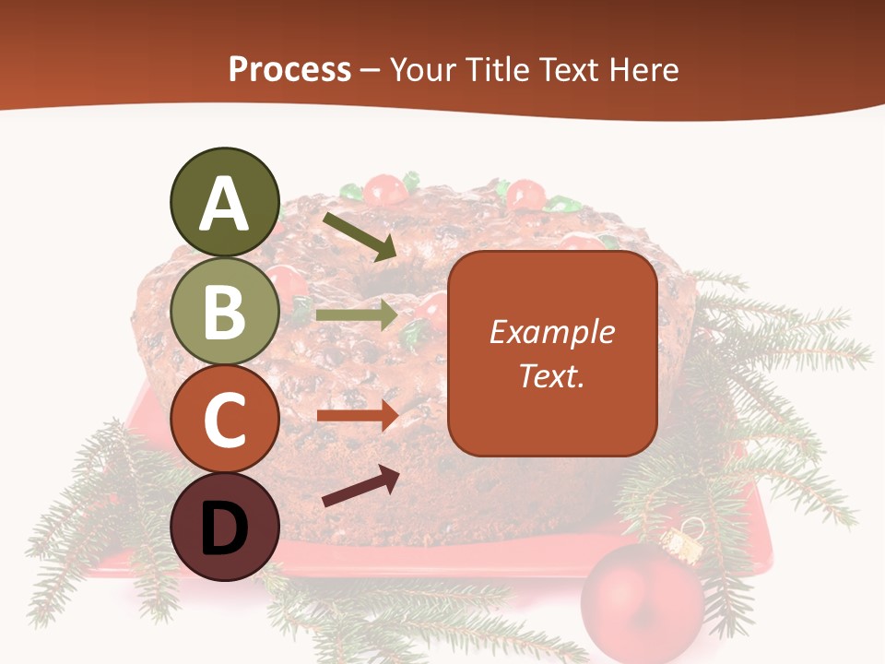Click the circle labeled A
(225, 203)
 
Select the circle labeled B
(225, 312)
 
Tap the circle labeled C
(225, 420)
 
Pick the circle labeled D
(225, 528)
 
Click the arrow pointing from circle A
(360, 236)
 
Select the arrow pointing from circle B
(358, 314)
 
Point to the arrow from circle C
(358, 415)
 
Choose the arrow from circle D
(360, 486)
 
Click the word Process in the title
(289, 70)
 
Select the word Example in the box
(551, 332)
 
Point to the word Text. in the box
(551, 376)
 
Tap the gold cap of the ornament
(681, 543)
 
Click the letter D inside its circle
(225, 529)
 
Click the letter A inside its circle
(225, 205)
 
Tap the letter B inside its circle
(225, 313)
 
